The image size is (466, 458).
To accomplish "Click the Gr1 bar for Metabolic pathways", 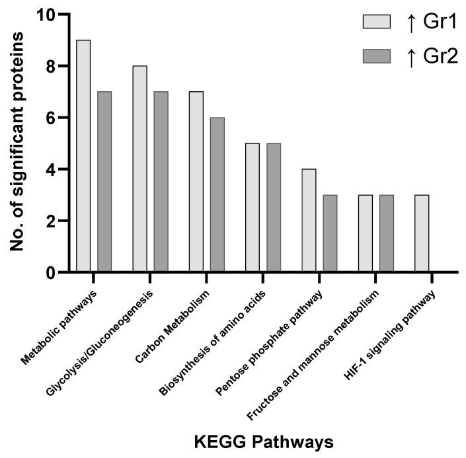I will pos(83,156).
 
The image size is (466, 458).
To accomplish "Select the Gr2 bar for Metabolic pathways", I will pos(104,182).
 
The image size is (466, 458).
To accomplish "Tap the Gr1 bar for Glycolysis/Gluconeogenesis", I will pos(139,169).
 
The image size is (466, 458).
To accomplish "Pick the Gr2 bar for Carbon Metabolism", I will pos(217,194).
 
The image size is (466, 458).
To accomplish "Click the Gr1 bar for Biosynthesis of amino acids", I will pos(251,208).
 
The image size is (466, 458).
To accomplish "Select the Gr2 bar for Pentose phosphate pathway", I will pos(329,233).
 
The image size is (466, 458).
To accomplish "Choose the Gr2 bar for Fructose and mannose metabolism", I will pos(385,233).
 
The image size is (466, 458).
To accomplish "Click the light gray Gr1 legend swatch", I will pos(377,22).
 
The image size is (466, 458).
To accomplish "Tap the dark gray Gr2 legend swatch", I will pos(377,56).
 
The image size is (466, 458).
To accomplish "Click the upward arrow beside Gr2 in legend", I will pos(410,56).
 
